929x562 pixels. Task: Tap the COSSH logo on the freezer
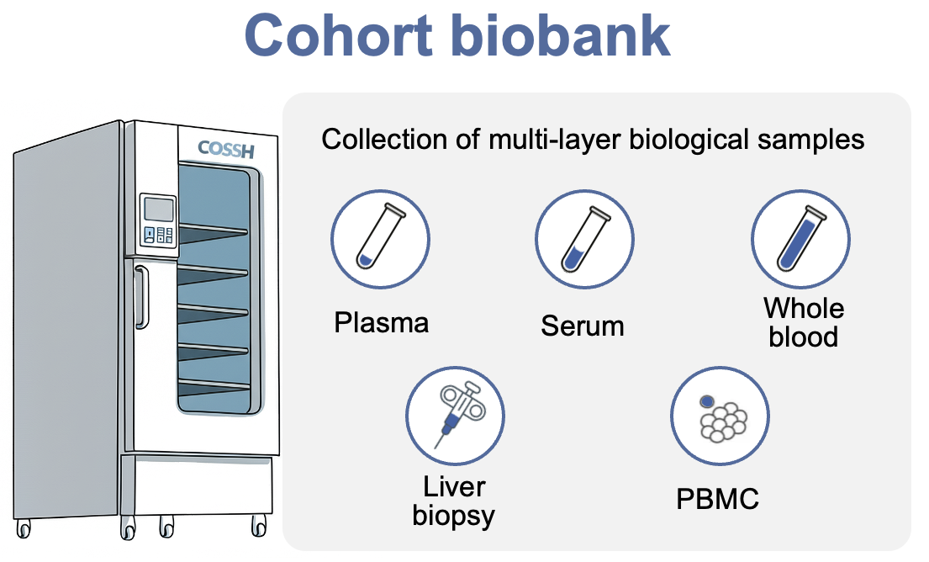click(x=225, y=149)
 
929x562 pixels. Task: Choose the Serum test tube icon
click(x=585, y=238)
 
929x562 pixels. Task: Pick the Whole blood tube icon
click(x=800, y=238)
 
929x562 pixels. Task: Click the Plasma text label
click(x=381, y=322)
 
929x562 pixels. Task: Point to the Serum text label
click(x=583, y=326)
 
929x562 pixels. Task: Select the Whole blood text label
click(x=803, y=322)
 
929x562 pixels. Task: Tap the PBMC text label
click(x=717, y=499)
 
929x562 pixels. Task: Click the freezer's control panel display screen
click(x=157, y=208)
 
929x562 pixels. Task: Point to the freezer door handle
click(x=141, y=296)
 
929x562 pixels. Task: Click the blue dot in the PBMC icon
click(x=706, y=401)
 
